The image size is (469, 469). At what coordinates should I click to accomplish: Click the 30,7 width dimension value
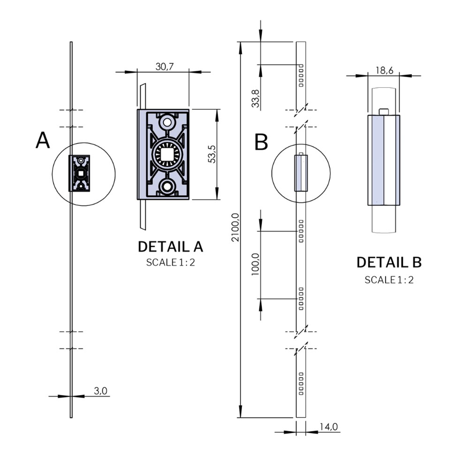point(165,67)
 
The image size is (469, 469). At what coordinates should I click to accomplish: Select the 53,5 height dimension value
point(212,154)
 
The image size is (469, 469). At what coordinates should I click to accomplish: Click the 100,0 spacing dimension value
point(256,265)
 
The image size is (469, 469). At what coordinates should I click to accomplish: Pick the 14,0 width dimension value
point(329,427)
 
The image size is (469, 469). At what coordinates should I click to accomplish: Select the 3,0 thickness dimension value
point(101,391)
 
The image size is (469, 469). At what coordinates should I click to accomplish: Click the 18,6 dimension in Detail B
point(384,70)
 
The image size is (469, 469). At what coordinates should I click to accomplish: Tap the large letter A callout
point(43,141)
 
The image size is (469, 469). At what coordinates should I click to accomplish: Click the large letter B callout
point(261,143)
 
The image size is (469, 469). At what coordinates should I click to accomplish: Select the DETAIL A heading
point(170,247)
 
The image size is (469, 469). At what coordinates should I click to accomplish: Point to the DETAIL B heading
point(389,263)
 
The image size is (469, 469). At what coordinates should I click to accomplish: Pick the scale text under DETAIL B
point(389,280)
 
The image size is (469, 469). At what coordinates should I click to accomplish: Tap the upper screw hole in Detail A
point(166,122)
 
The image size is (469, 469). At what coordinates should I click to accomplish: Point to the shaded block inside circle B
point(301,174)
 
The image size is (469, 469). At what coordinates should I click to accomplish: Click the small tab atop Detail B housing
point(384,111)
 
